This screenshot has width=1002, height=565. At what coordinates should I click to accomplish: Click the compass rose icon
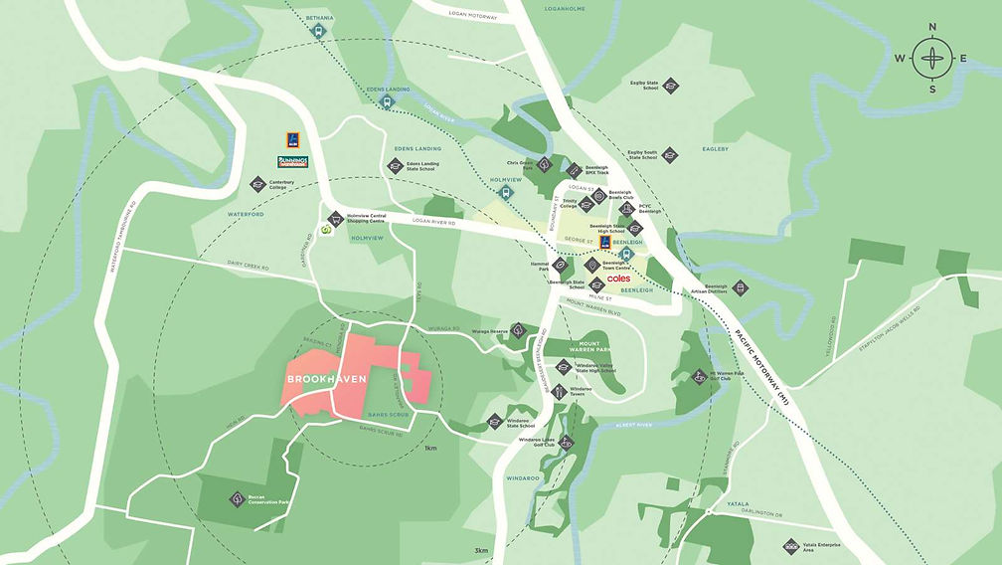931,58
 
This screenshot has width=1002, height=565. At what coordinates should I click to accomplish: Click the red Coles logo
618,280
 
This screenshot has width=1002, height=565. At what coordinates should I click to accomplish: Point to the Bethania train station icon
319,31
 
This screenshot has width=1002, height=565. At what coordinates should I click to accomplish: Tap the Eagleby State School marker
671,87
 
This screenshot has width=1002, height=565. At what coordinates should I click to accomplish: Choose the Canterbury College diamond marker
256,184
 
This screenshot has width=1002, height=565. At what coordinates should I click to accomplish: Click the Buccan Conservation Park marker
237,499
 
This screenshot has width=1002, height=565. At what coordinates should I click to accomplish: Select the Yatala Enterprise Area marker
791,546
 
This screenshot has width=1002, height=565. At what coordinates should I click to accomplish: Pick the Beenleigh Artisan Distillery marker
741,287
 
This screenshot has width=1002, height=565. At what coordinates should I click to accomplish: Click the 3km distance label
481,551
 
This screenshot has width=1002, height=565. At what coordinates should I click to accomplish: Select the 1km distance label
430,448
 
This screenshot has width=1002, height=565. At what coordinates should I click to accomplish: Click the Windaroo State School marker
495,422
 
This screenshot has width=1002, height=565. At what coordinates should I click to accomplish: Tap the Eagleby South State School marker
669,154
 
